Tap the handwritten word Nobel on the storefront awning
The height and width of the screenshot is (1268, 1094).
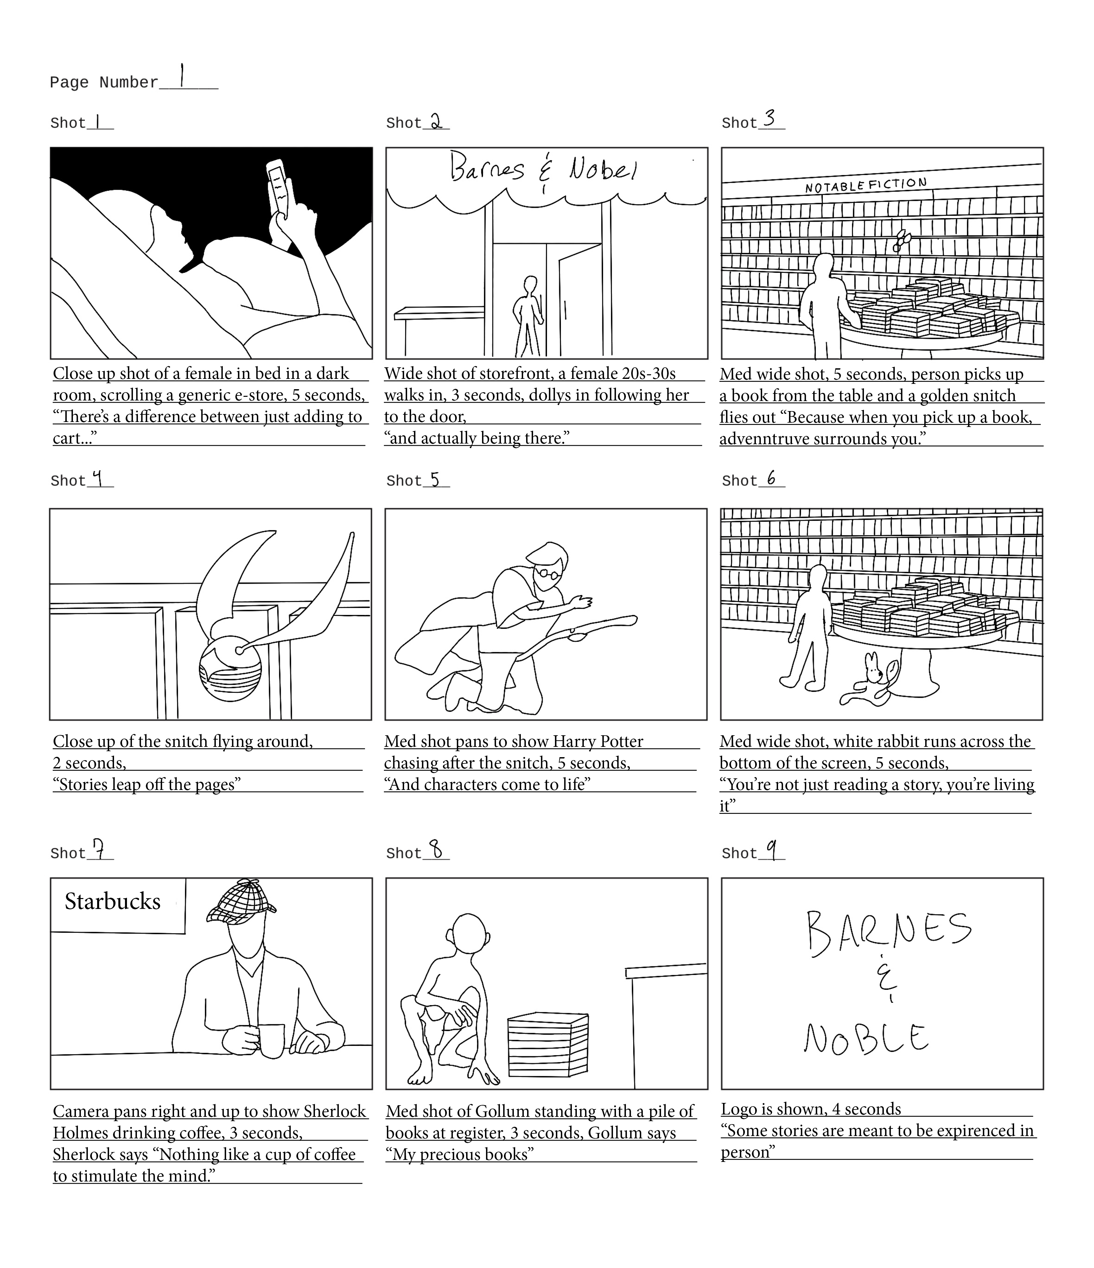coord(603,168)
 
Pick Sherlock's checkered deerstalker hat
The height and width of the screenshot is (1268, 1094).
coord(240,903)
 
